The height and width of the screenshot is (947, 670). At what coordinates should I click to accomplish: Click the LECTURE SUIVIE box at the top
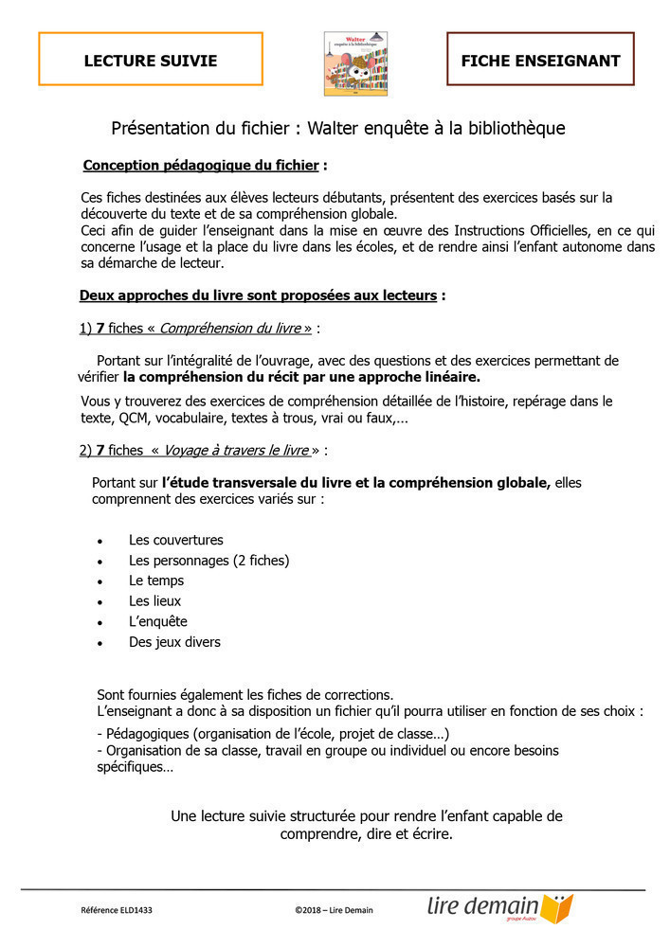[x=151, y=61]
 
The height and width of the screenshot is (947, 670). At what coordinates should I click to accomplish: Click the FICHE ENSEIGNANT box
[x=540, y=61]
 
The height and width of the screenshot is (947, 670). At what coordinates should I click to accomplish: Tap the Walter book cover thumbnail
[x=355, y=63]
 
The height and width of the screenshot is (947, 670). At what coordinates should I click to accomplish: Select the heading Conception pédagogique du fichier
[x=201, y=166]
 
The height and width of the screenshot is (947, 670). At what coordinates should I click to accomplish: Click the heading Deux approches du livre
[x=258, y=295]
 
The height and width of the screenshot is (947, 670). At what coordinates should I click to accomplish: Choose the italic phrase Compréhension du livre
[x=235, y=329]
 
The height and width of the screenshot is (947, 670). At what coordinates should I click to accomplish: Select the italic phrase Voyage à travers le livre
[x=236, y=451]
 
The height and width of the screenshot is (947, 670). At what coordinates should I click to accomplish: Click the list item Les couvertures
[x=176, y=540]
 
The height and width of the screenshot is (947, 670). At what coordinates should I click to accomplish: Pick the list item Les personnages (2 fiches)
[x=208, y=561]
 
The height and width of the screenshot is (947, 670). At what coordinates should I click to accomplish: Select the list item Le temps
[x=156, y=581]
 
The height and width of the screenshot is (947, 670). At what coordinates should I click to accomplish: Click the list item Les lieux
[x=154, y=600]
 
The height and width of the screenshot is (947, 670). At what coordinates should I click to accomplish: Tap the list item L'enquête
[x=158, y=621]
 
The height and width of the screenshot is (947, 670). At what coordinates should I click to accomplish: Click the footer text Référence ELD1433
[x=117, y=910]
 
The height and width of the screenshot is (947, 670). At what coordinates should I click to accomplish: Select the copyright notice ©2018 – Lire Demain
[x=334, y=910]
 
